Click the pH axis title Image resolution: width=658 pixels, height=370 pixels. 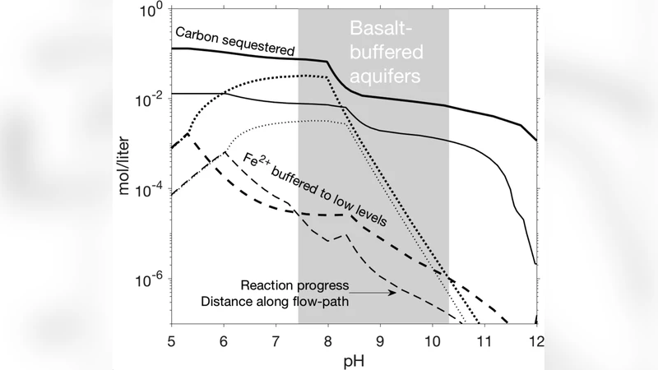click(354, 359)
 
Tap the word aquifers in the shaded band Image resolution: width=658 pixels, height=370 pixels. click(382, 76)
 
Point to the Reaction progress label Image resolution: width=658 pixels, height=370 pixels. click(296, 285)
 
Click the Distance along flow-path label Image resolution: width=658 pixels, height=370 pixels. click(276, 301)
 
